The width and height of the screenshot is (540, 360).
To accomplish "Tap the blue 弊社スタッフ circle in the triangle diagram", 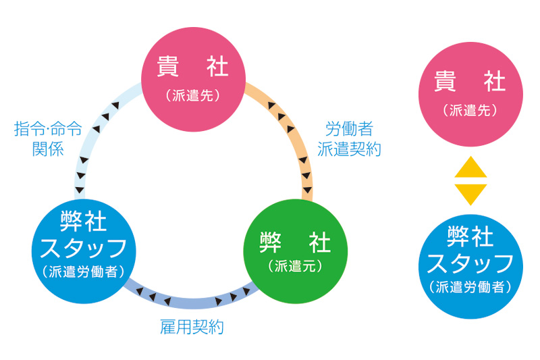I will pyautogui.click(x=84, y=243).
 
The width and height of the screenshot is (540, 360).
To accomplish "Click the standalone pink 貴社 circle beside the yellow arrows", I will pyautogui.click(x=470, y=92).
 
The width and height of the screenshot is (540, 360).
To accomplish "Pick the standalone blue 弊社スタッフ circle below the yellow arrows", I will pyautogui.click(x=470, y=264).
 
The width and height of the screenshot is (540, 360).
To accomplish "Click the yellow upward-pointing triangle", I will pyautogui.click(x=470, y=167).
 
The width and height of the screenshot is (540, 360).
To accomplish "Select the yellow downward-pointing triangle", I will pyautogui.click(x=470, y=194).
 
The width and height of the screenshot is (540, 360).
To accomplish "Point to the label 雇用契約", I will pyautogui.click(x=192, y=328).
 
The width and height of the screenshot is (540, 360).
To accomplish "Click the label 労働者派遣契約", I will pyautogui.click(x=349, y=139).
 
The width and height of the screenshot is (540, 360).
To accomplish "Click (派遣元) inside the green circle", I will pyautogui.click(x=295, y=266).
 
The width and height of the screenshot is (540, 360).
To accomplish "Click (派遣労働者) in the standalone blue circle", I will pyautogui.click(x=470, y=286).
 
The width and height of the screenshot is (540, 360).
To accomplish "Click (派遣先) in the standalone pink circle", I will pyautogui.click(x=470, y=109).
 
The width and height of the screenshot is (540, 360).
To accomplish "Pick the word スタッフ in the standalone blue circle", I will pyautogui.click(x=470, y=263).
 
